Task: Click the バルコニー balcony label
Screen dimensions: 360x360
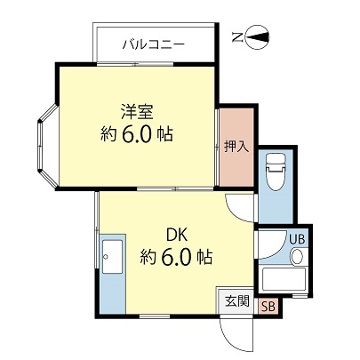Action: pos(154,43)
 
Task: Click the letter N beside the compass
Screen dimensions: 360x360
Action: pos(236,37)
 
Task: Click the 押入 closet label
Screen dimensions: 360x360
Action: pos(235,146)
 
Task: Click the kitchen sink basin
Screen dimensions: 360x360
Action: pos(113,259)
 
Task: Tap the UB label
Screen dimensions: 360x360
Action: pos(297,238)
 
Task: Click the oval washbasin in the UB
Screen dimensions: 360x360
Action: pos(297,257)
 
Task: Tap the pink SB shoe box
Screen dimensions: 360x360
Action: pos(268,306)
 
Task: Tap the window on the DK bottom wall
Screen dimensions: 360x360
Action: pos(153,316)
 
